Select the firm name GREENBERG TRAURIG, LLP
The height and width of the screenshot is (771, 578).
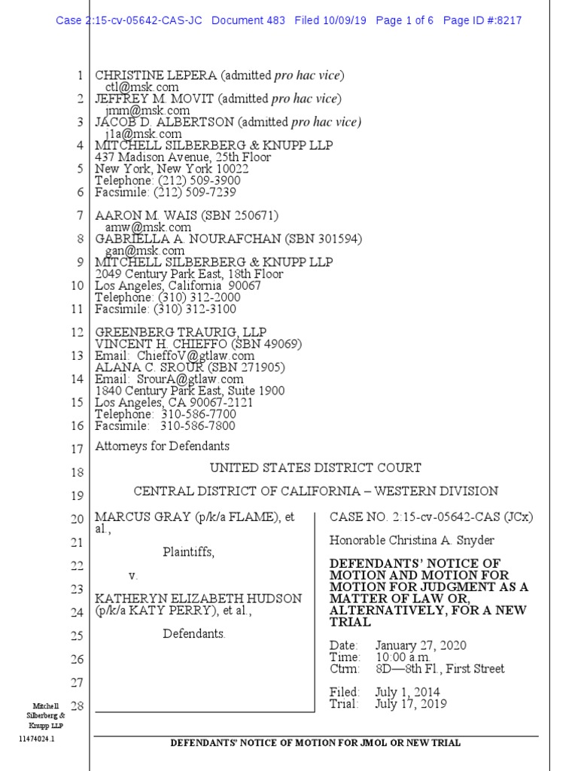[x=181, y=332]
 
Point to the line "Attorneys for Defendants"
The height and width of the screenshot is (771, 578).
[x=162, y=446]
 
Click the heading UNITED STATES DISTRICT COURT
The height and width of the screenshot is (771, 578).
[x=315, y=468]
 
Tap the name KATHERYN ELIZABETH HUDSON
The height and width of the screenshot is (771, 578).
[x=198, y=599]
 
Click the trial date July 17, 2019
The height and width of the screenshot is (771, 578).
[x=410, y=704]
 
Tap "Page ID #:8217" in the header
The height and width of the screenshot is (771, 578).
[x=482, y=20]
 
